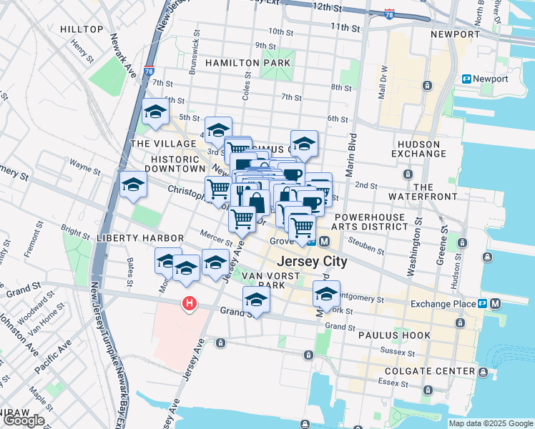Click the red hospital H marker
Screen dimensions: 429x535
pos(189,304)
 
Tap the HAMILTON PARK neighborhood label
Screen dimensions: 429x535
pos(247,63)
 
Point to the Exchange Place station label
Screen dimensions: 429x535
pos(443,304)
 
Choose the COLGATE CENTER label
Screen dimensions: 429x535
pos(429,371)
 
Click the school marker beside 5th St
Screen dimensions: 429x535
pos(155,112)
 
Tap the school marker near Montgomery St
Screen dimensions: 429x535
pos(326,294)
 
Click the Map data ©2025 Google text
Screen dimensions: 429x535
pos(490,423)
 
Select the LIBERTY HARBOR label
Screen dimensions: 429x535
pos(142,237)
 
